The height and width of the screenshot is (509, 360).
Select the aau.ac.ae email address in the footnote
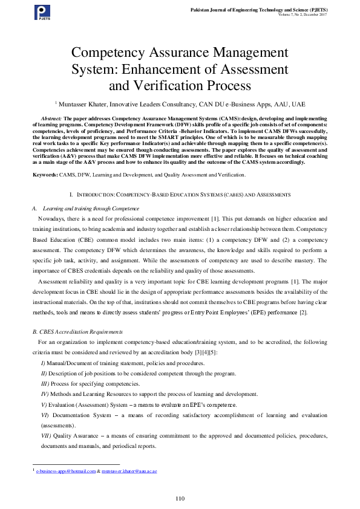(x=129, y=470)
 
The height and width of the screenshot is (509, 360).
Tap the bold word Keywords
(x=45, y=175)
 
